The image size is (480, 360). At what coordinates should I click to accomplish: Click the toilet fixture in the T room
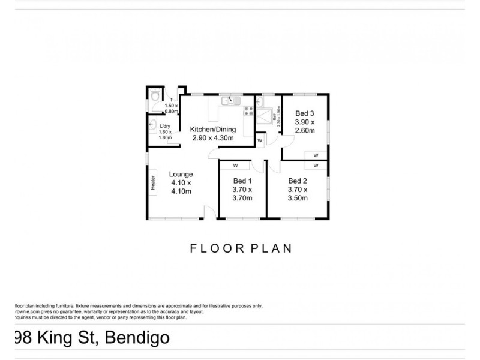[x=155, y=95]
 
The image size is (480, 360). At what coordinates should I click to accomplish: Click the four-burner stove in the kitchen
[x=248, y=111]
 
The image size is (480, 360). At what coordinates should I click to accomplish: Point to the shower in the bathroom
[x=265, y=114]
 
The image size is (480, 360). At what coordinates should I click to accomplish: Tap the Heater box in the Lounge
[x=153, y=182]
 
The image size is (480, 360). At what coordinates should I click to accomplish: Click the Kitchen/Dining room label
[x=213, y=129]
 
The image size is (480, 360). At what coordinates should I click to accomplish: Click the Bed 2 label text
[x=298, y=181]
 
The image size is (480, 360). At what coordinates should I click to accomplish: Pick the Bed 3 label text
[x=305, y=113]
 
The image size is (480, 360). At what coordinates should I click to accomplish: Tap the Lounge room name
[x=181, y=175]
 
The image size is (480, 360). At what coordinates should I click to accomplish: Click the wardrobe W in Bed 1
[x=236, y=165]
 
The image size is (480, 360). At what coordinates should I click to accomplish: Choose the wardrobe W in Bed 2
[x=316, y=166]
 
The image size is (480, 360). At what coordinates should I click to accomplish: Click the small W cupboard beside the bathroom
[x=259, y=140]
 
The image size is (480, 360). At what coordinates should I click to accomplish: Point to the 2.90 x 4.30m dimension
[x=213, y=137]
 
